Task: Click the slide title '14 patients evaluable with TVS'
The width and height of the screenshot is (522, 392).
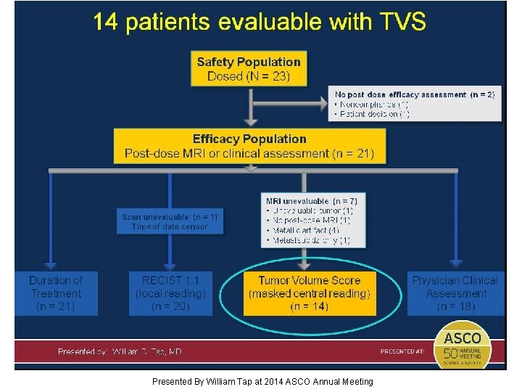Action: tap(259, 23)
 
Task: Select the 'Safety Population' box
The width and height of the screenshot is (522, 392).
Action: tap(249, 69)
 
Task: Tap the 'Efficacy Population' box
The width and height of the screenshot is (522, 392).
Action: tap(249, 146)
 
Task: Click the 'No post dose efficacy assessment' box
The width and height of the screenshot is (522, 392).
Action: tap(414, 104)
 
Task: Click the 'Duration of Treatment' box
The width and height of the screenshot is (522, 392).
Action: tap(56, 293)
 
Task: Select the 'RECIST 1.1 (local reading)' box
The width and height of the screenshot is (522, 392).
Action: tap(170, 293)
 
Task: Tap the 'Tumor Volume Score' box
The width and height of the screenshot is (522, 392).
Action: tap(310, 293)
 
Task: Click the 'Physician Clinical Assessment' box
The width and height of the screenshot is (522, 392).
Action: tap(455, 293)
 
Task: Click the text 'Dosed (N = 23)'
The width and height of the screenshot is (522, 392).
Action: tap(249, 76)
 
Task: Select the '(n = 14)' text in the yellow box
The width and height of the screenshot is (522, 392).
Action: tap(310, 307)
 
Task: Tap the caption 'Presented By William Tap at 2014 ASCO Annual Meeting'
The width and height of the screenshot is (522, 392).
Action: tap(262, 381)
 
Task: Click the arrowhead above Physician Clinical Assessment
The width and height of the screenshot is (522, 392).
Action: tap(455, 262)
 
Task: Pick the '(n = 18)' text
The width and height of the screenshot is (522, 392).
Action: tap(456, 307)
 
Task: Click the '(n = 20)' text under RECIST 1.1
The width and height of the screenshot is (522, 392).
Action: tap(170, 307)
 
